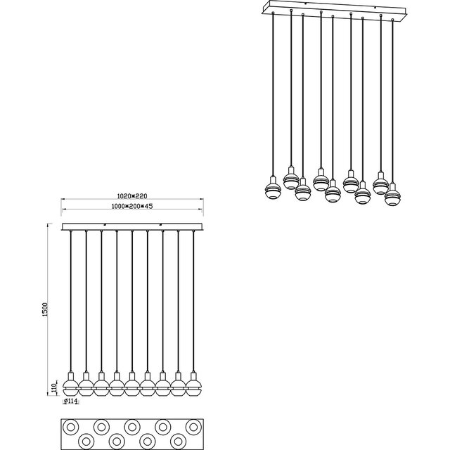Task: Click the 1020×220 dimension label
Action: pyautogui.click(x=132, y=196)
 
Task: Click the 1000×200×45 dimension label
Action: pyautogui.click(x=132, y=206)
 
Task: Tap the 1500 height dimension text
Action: pyautogui.click(x=45, y=309)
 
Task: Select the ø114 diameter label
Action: pyautogui.click(x=70, y=401)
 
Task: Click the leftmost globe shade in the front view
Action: pyautogui.click(x=70, y=387)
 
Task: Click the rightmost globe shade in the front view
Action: pyautogui.click(x=193, y=387)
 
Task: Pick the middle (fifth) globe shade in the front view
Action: pyautogui.click(x=132, y=387)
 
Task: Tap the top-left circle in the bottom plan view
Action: pyautogui.click(x=70, y=427)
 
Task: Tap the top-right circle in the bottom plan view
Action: pyautogui.click(x=193, y=427)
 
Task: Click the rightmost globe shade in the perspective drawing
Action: pyautogui.click(x=392, y=198)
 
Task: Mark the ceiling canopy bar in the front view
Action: pyautogui.click(x=132, y=226)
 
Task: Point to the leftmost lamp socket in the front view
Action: pyautogui.click(x=70, y=375)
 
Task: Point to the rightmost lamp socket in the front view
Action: pyautogui.click(x=193, y=375)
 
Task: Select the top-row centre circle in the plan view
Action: pyautogui.click(x=132, y=427)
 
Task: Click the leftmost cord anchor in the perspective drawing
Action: pyautogui.click(x=273, y=13)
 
